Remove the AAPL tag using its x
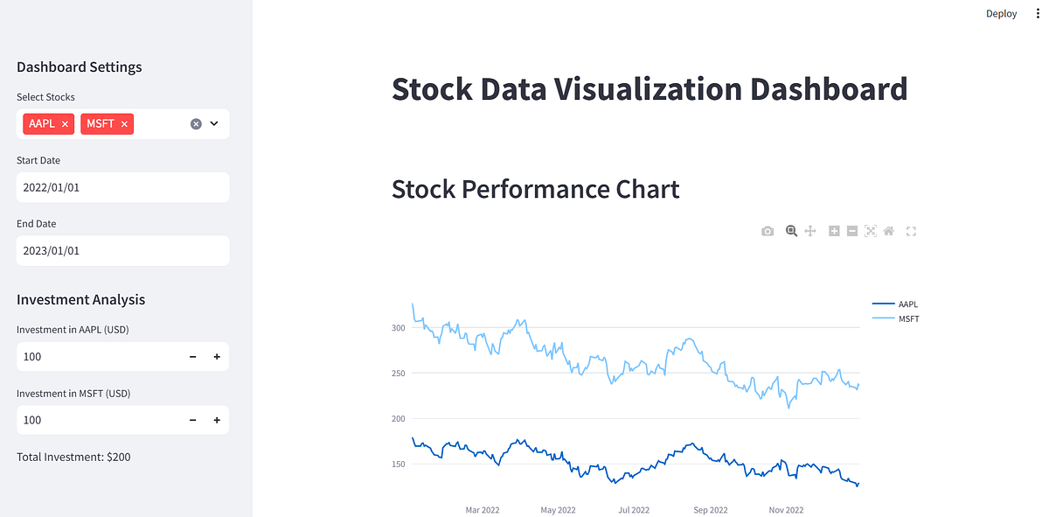click(65, 124)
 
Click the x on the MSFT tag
click(124, 124)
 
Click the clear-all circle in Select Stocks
click(196, 124)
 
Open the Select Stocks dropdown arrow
click(214, 124)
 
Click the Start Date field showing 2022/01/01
click(122, 187)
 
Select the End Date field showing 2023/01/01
click(122, 250)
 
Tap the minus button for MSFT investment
click(192, 420)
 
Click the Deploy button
click(1001, 13)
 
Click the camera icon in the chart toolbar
click(768, 231)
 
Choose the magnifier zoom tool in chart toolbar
click(791, 231)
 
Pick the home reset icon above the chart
click(889, 231)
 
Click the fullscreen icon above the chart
click(911, 231)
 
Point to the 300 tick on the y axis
click(399, 328)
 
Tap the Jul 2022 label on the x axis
click(634, 510)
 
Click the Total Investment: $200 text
click(73, 457)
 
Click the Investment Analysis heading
click(80, 299)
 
